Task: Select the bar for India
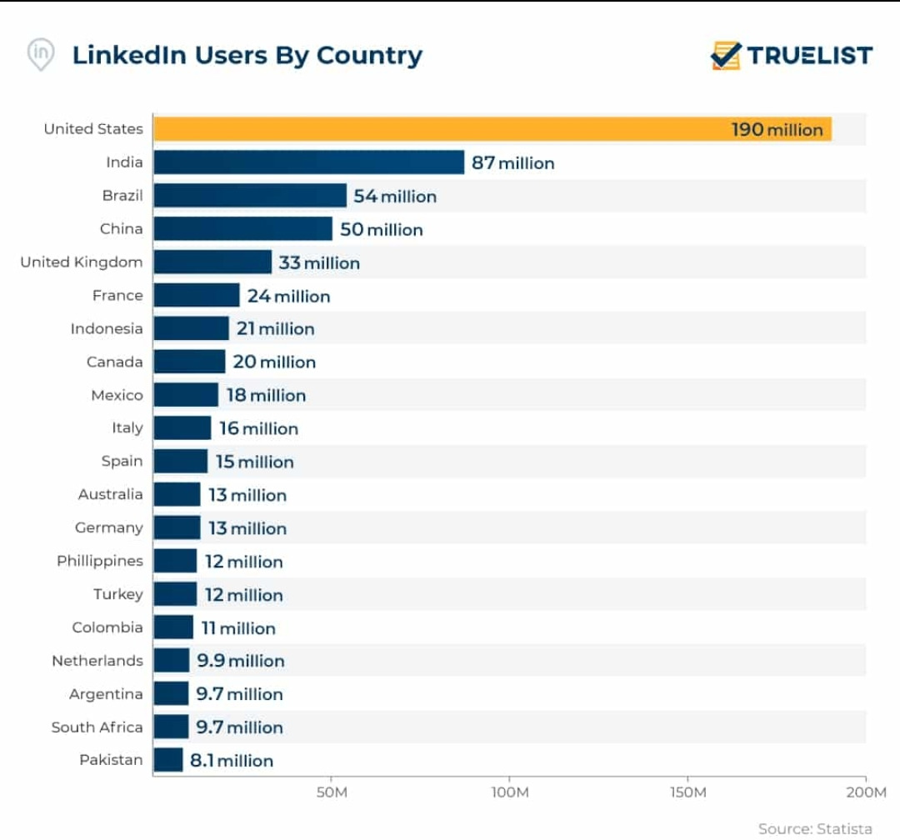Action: point(308,162)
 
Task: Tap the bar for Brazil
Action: point(250,196)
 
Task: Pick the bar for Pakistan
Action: point(168,760)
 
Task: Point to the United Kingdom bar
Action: point(212,262)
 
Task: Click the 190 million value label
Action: point(777,130)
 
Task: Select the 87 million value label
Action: point(512,163)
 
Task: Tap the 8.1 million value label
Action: point(231,761)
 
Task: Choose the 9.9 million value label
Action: point(240,661)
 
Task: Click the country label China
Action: point(122,229)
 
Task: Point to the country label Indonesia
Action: point(107,328)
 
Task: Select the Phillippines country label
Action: point(100,561)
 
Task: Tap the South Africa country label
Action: point(97,727)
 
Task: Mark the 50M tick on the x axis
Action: point(332,792)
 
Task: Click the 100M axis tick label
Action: point(510,792)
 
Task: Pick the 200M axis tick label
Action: point(867,792)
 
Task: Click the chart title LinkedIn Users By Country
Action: point(247,56)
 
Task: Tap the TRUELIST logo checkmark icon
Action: point(725,56)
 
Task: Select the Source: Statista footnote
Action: point(815,828)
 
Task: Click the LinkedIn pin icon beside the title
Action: point(41,55)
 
